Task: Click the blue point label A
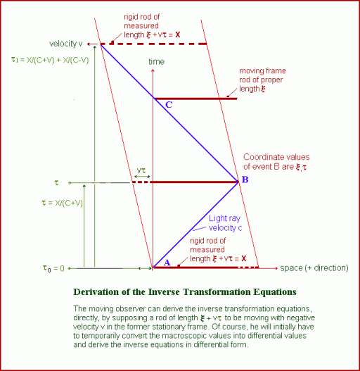(167, 263)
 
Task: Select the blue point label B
(245, 180)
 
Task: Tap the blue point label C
(169, 105)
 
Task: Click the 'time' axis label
(157, 61)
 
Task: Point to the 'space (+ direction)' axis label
(314, 268)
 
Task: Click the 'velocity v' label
(65, 44)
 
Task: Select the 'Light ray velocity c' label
(225, 223)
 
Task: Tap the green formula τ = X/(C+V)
(62, 203)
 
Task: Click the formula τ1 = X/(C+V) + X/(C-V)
(50, 60)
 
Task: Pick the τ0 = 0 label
(53, 268)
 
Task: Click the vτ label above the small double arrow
(141, 170)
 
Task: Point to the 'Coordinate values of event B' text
(276, 162)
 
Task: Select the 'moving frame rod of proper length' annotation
(262, 80)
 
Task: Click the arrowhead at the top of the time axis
(153, 70)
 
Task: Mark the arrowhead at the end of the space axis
(276, 268)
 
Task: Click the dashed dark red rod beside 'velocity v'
(154, 44)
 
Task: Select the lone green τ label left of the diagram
(56, 182)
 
